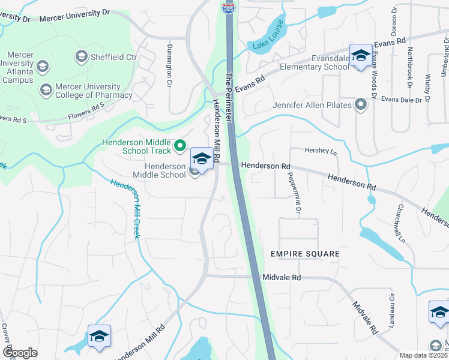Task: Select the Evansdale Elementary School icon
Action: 361,56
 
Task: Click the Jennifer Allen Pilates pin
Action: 361,106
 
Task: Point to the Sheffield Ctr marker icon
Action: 82,57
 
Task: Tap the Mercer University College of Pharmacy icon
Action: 46,90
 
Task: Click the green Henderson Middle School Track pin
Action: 179,145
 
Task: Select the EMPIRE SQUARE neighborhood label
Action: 305,254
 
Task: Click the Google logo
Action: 20,353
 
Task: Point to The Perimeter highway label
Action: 231,99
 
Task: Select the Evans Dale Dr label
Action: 402,100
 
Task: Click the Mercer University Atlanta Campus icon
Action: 42,65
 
